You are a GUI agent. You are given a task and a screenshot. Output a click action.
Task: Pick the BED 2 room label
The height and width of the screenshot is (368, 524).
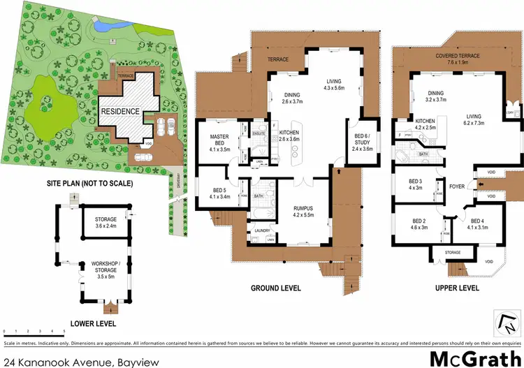(419, 224)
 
